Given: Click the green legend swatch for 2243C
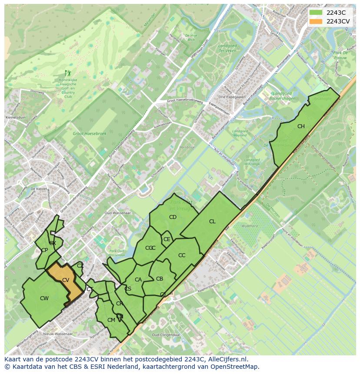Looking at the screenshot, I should point(316,13).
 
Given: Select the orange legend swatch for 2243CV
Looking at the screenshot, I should point(316,21).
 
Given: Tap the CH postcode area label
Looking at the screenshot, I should point(301,126).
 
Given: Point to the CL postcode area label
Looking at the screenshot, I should point(212,222).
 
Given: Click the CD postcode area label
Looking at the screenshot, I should point(173,217).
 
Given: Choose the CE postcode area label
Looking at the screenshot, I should point(167,239).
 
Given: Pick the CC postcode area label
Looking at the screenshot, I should point(182,255).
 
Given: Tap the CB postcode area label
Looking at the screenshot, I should point(160,279).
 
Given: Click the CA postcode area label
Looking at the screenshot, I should point(138,280).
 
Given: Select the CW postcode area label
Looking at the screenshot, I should point(44,298).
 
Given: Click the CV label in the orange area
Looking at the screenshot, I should point(66,280).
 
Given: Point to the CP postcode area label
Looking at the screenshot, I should point(44,250).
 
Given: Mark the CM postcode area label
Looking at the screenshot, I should point(111,320).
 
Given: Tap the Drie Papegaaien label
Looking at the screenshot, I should point(232,97).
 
